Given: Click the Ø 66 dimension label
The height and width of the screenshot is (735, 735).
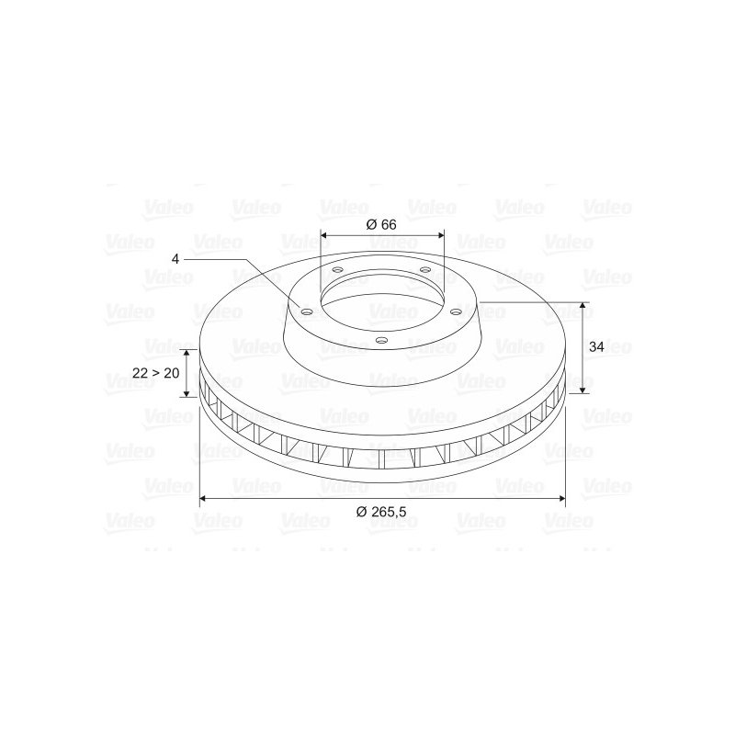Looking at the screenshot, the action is click(x=381, y=224).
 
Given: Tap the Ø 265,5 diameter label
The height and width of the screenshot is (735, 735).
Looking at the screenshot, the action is click(x=381, y=512).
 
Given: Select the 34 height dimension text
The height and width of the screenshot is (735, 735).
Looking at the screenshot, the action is click(x=596, y=347).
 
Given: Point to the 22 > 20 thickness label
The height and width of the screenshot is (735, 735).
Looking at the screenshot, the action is click(x=156, y=373).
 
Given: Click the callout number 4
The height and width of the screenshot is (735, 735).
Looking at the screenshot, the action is click(x=175, y=259).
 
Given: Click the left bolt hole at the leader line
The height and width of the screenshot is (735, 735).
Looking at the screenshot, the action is click(x=307, y=311).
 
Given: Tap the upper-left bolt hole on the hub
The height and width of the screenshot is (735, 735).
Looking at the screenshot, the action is click(x=337, y=270).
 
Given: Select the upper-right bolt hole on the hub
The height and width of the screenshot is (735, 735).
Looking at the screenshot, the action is click(x=425, y=270).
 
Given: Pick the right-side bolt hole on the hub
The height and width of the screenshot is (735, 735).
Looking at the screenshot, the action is click(x=456, y=311).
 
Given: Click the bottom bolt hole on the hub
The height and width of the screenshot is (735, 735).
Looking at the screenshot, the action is click(x=382, y=341).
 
